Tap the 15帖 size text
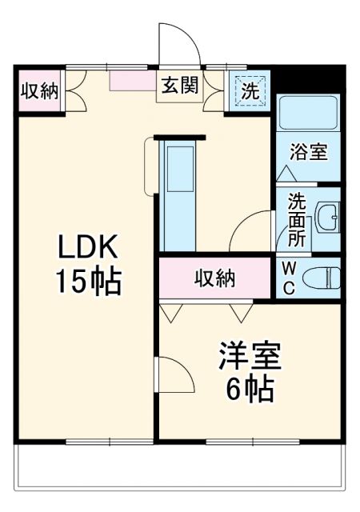tap(87, 282)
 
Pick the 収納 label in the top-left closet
tap(39, 90)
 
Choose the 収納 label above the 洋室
tap(214, 278)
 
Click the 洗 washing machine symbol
tap(250, 90)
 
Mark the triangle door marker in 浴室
tap(286, 171)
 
